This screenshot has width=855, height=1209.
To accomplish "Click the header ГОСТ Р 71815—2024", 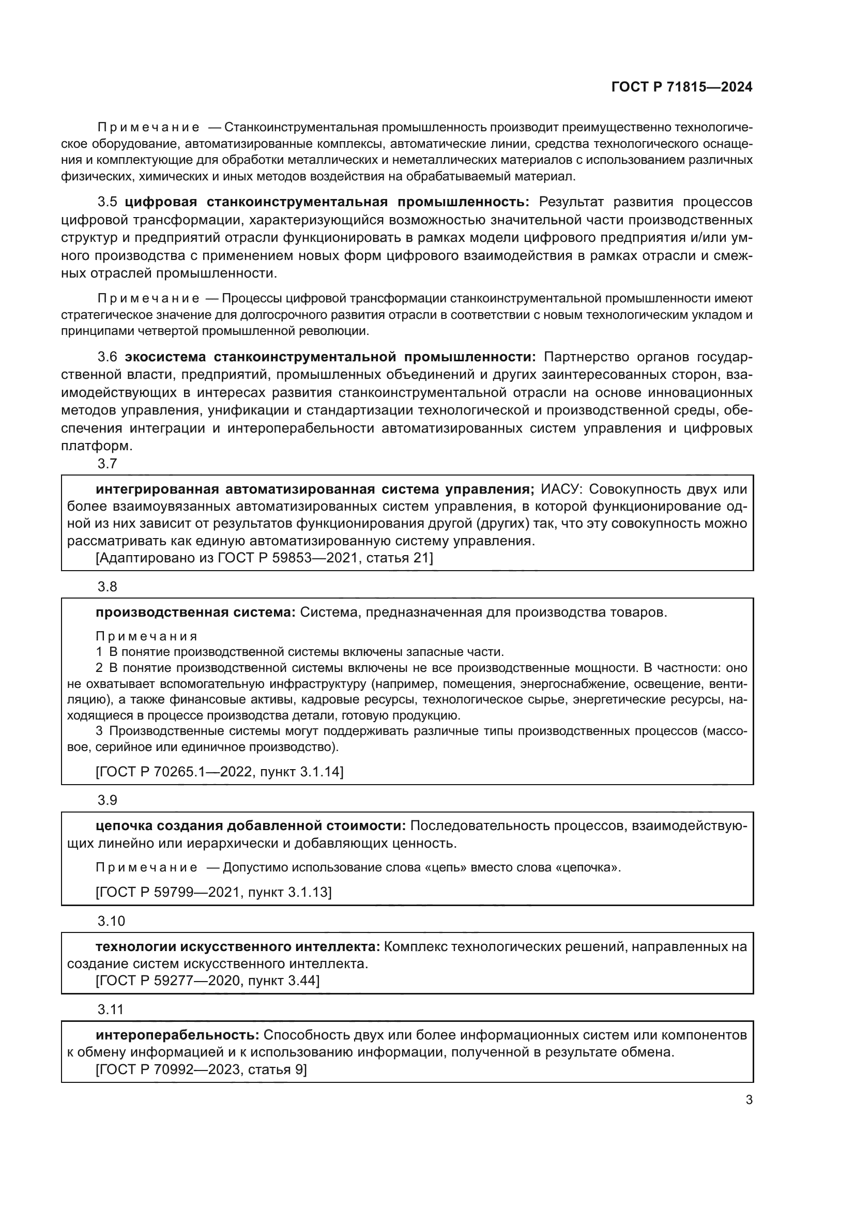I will click(x=682, y=87).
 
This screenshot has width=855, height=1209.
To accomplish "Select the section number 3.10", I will click(x=111, y=921).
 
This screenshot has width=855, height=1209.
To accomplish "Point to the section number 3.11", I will click(x=111, y=1009).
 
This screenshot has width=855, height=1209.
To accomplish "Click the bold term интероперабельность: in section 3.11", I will click(x=177, y=1035).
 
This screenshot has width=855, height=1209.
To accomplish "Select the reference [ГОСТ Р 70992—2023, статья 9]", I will click(x=201, y=1069).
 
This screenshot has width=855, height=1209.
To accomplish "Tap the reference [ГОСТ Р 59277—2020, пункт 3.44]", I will click(x=207, y=981).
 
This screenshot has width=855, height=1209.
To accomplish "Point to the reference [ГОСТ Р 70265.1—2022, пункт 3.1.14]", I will click(x=220, y=772).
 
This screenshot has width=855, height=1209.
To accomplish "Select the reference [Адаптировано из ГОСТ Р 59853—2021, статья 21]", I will click(x=264, y=558).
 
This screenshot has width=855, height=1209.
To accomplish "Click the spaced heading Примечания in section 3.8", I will click(x=147, y=636).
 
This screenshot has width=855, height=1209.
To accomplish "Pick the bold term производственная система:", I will click(x=196, y=613).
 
